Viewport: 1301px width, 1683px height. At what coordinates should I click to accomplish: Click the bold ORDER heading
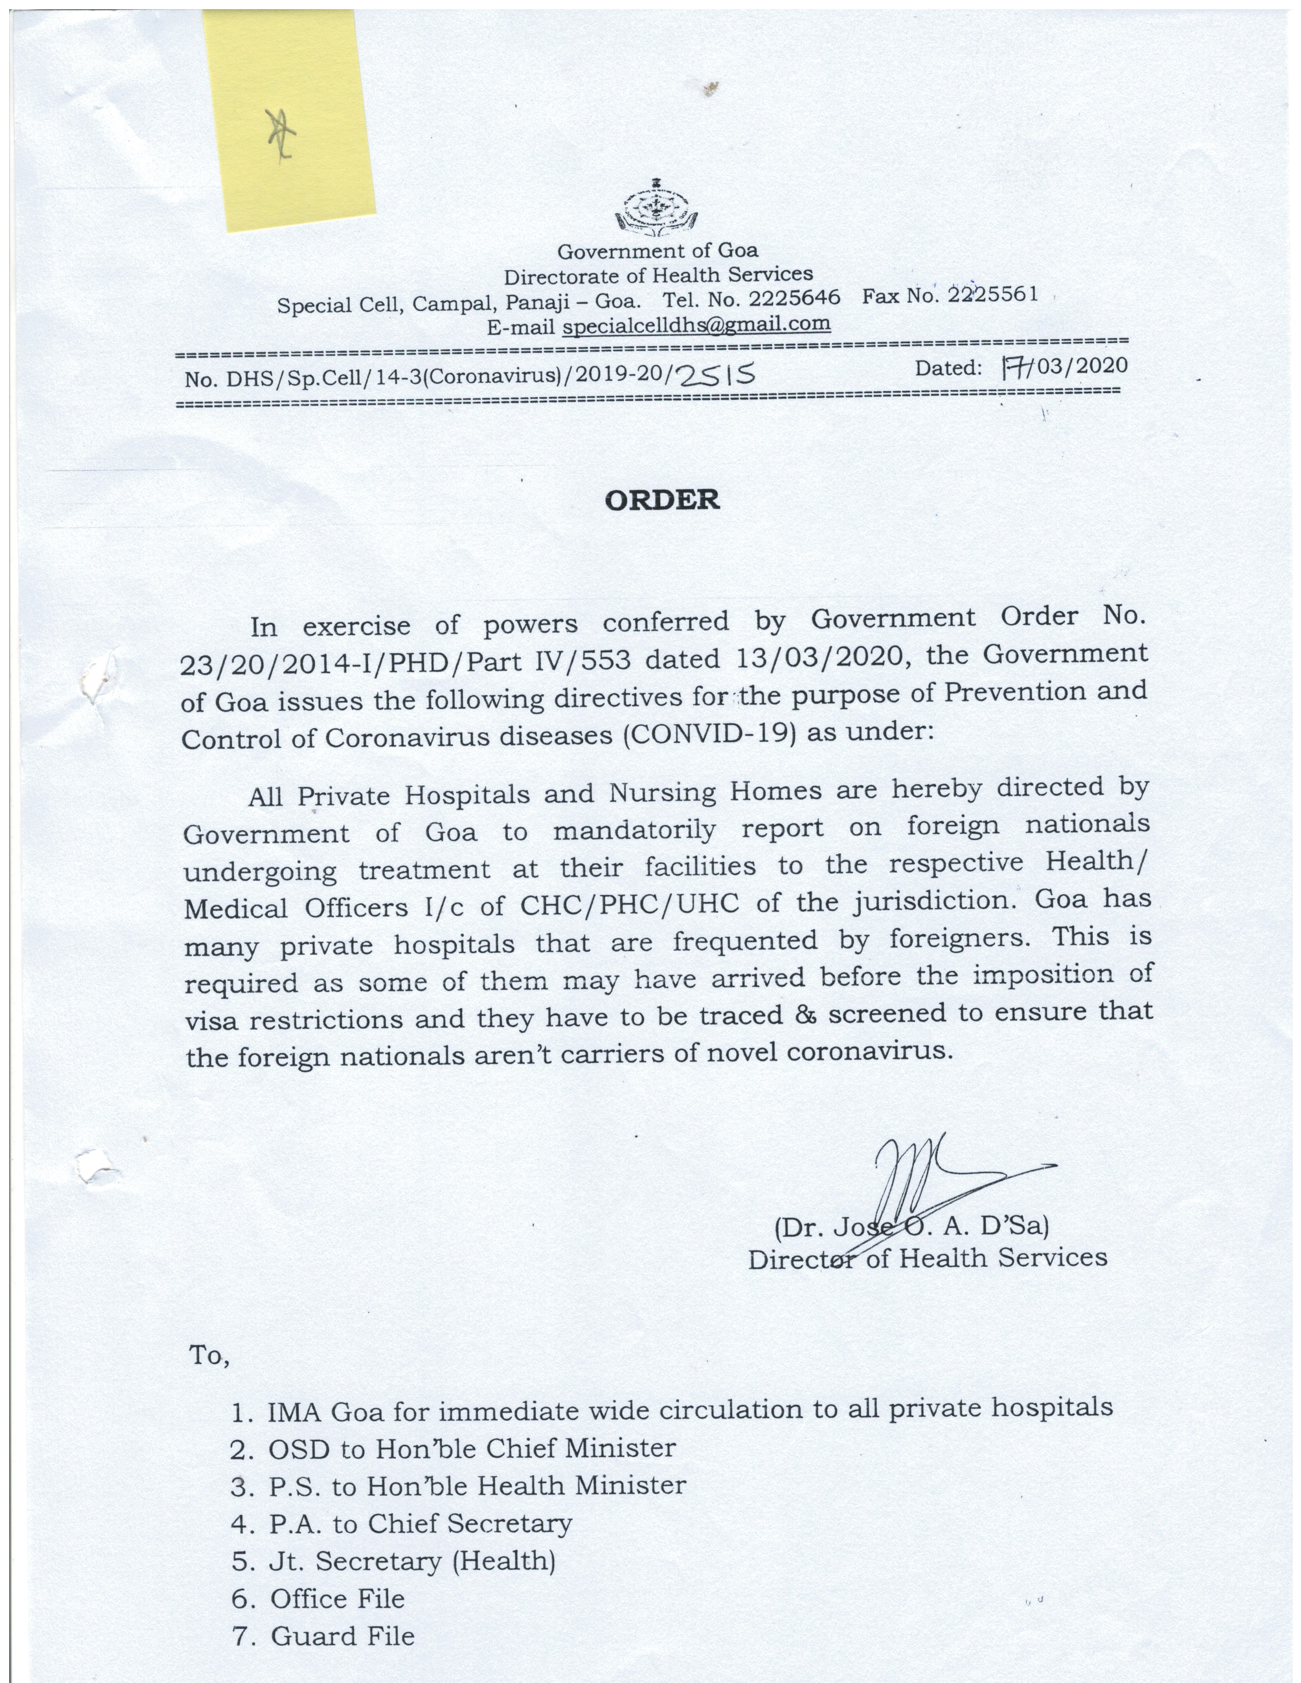(662, 500)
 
